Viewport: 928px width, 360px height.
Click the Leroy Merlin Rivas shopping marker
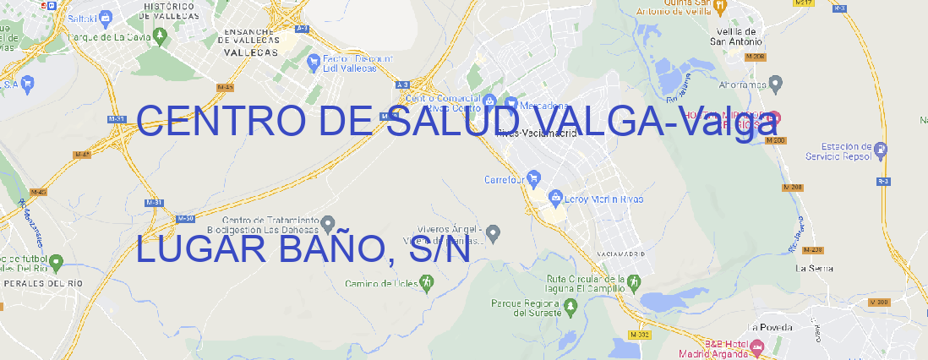click(555, 198)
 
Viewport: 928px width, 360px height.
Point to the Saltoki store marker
click(105, 16)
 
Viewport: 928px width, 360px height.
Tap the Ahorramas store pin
click(776, 83)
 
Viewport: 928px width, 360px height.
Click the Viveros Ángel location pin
click(495, 232)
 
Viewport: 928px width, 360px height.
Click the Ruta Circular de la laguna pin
click(631, 281)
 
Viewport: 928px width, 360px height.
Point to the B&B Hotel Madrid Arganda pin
click(756, 346)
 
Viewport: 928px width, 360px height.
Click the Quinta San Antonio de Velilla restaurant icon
click(719, 7)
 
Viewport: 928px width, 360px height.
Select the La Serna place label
click(815, 268)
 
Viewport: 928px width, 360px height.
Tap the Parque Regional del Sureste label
click(526, 308)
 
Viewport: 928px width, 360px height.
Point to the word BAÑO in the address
click(327, 249)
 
